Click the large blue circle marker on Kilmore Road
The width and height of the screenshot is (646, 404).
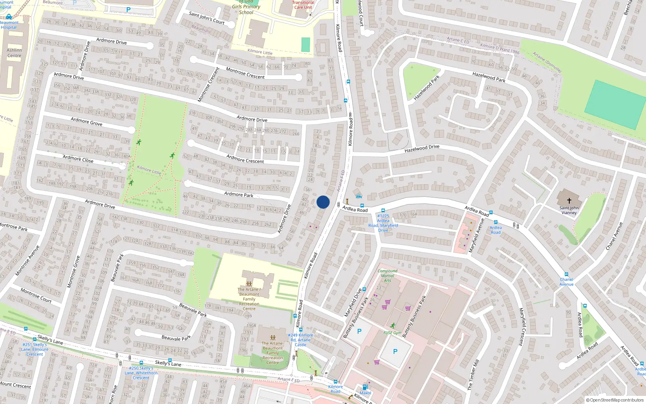323,202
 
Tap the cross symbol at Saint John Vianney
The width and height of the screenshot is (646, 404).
569,200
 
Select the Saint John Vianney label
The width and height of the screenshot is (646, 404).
569,210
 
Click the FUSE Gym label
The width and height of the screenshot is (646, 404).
392,332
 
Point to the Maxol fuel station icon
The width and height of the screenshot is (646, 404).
365,387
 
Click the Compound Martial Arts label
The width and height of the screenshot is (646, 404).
388,276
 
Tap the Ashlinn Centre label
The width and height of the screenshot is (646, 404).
14,53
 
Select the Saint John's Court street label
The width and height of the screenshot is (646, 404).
207,18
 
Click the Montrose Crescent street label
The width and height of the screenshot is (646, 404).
245,73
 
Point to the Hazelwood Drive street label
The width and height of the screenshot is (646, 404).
422,149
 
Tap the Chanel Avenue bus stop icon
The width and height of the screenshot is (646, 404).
566,274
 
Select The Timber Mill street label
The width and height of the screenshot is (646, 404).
473,375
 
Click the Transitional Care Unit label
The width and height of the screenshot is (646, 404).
303,5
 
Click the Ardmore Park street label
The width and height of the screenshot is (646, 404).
239,194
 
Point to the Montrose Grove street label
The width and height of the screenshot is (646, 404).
73,271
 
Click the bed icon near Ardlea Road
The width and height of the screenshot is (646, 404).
359,196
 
